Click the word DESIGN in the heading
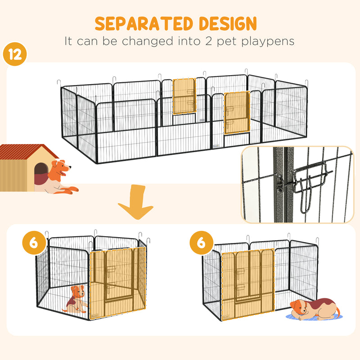pos(228,24)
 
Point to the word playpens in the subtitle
pos(269,41)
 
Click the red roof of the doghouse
pos(27,152)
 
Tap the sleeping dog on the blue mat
pos(314,309)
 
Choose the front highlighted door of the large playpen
pos(237,113)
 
